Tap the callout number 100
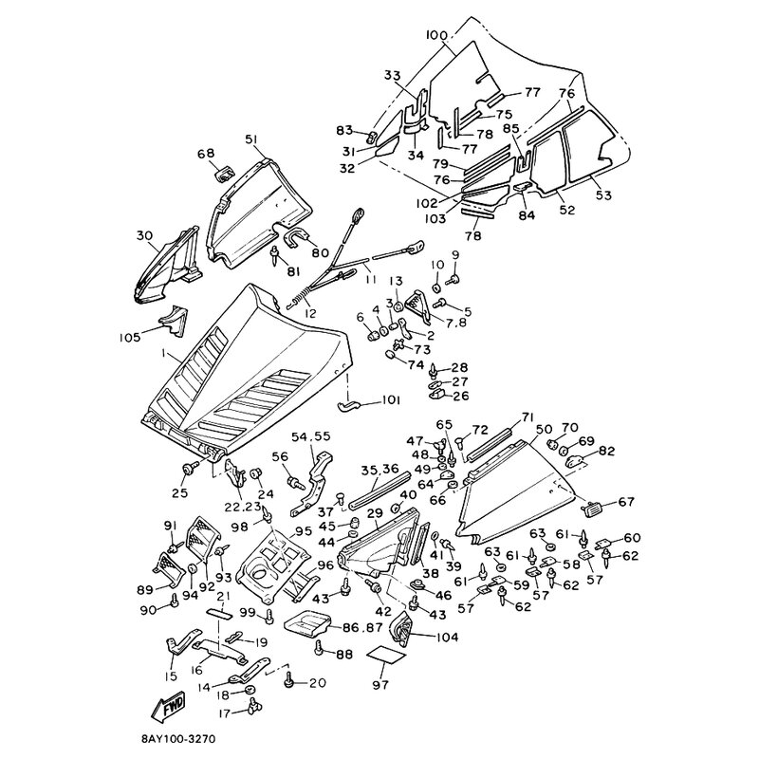pyautogui.click(x=436, y=35)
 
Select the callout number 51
pyautogui.click(x=251, y=139)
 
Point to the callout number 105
pyautogui.click(x=130, y=337)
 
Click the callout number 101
pyautogui.click(x=391, y=400)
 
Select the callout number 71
pyautogui.click(x=528, y=417)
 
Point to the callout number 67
pyautogui.click(x=627, y=502)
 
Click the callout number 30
pyautogui.click(x=144, y=236)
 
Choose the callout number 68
pyautogui.click(x=206, y=153)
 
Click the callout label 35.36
pyautogui.click(x=379, y=468)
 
